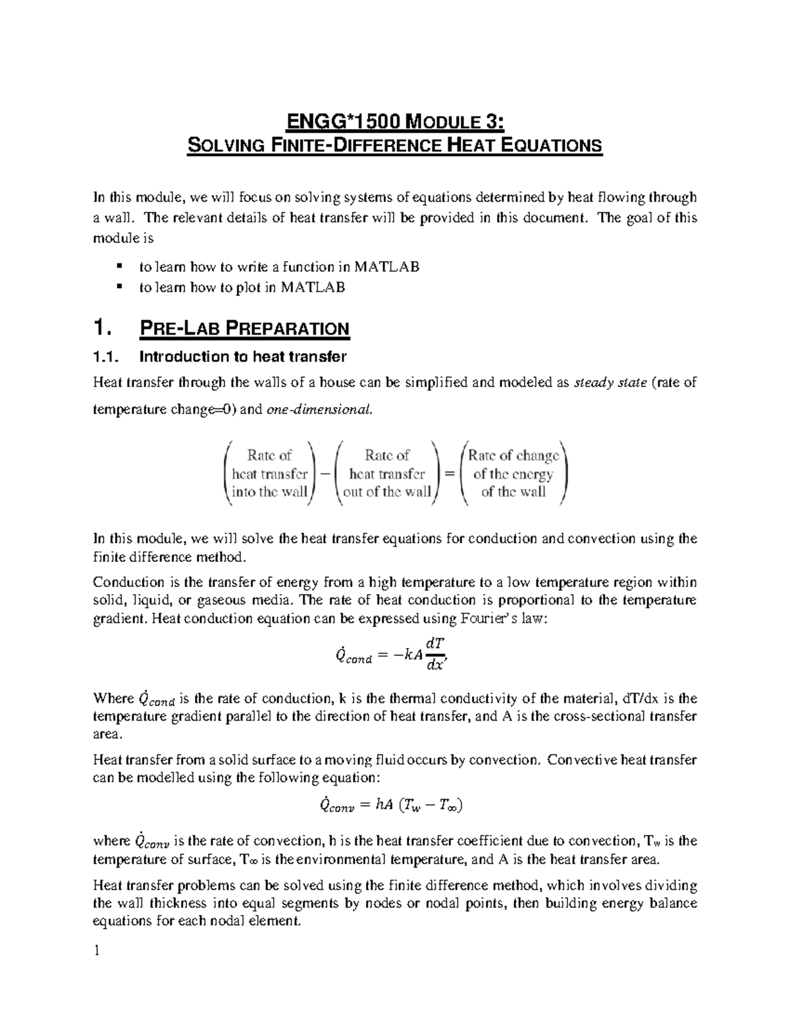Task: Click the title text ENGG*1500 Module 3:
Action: click(395, 122)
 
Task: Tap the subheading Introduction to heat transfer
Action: click(242, 357)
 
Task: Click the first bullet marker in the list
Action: click(118, 267)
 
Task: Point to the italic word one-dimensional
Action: click(318, 410)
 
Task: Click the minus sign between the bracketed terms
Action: click(324, 474)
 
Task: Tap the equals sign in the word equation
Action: click(450, 474)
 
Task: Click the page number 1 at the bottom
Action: click(97, 951)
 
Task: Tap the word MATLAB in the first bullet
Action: click(386, 267)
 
